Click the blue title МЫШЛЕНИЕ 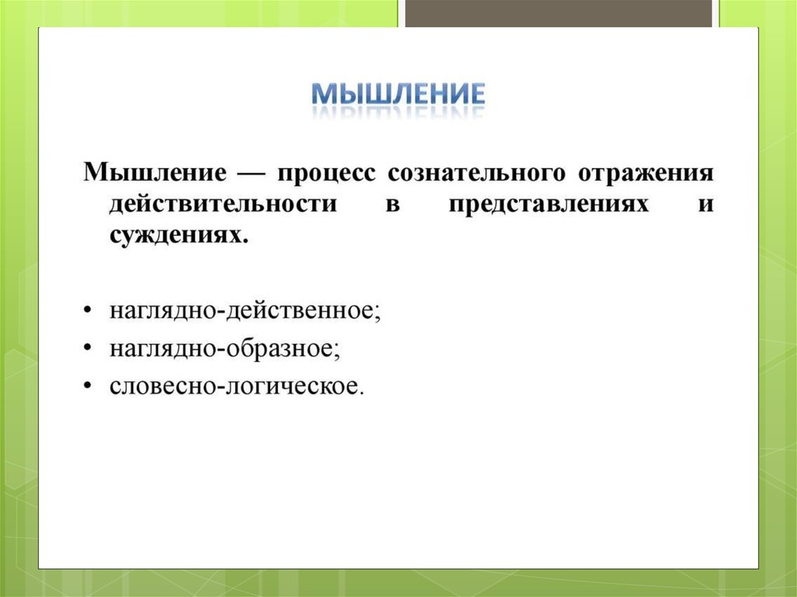398,94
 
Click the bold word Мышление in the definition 155,172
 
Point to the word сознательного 476,174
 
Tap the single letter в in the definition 392,205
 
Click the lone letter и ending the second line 706,205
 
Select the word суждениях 175,236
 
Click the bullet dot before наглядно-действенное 88,311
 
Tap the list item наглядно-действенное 245,311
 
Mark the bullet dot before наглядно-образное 88,348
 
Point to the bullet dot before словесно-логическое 88,385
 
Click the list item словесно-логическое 237,386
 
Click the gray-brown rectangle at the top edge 559,13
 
